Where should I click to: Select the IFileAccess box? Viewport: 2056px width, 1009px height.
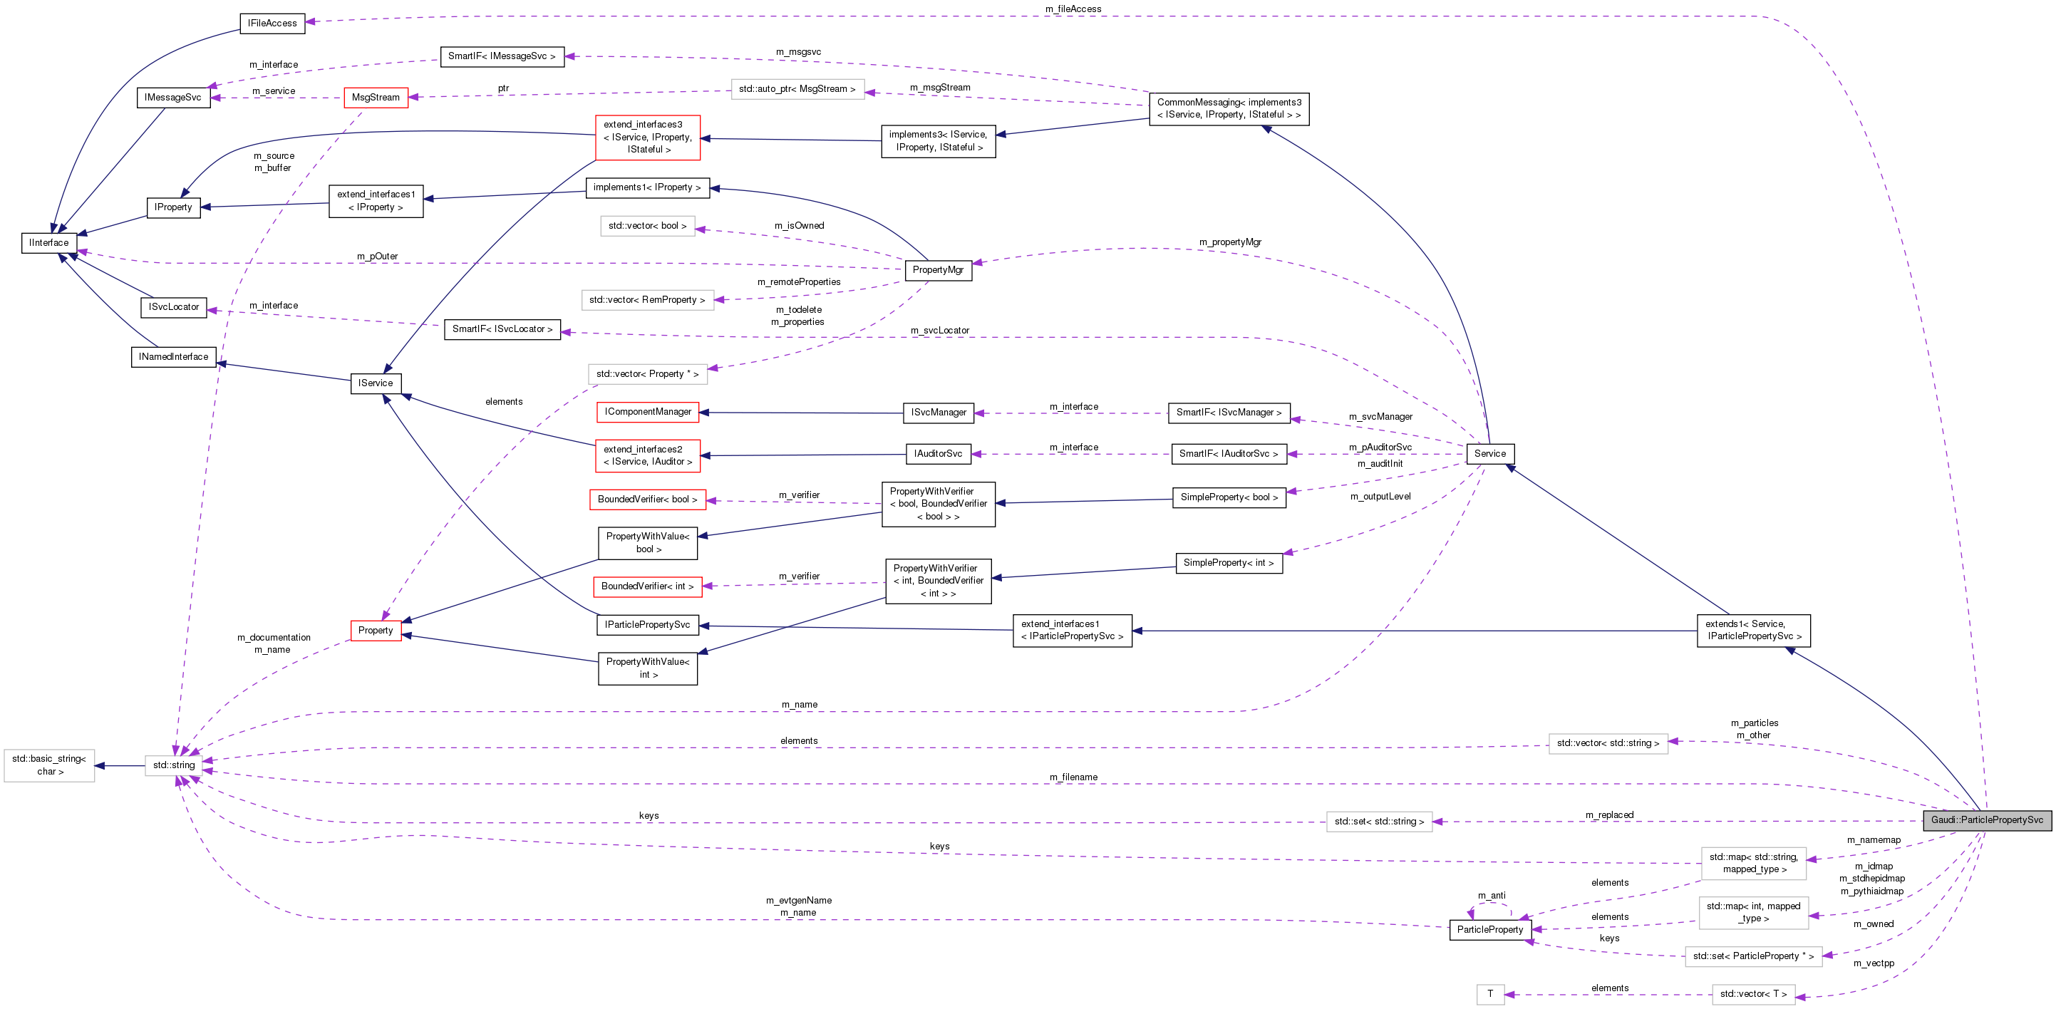click(272, 23)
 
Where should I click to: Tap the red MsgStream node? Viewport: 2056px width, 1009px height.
click(375, 98)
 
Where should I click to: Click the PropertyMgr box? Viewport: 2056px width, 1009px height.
click(938, 270)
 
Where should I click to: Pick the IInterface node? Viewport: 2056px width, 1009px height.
click(48, 243)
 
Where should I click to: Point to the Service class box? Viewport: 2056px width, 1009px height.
click(1489, 453)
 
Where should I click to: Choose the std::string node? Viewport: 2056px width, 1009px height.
click(173, 765)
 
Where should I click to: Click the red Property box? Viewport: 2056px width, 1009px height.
click(375, 630)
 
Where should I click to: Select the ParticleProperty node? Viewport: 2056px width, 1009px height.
click(1489, 929)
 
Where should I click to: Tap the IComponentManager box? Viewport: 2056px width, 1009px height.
click(647, 412)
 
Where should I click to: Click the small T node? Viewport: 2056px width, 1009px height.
click(1489, 994)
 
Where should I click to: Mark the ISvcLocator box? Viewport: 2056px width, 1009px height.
click(173, 306)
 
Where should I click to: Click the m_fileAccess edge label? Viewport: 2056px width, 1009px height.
click(1073, 9)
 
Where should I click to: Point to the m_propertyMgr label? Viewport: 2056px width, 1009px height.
click(1230, 242)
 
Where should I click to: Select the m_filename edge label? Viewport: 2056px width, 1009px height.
click(1073, 777)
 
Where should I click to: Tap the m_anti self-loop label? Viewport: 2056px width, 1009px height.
click(1491, 896)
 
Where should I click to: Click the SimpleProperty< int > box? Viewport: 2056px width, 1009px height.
click(1229, 563)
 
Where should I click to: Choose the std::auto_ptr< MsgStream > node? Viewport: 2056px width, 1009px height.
click(797, 88)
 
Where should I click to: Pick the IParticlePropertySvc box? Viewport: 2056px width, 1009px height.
click(647, 624)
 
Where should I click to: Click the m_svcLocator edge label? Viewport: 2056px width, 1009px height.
click(939, 330)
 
